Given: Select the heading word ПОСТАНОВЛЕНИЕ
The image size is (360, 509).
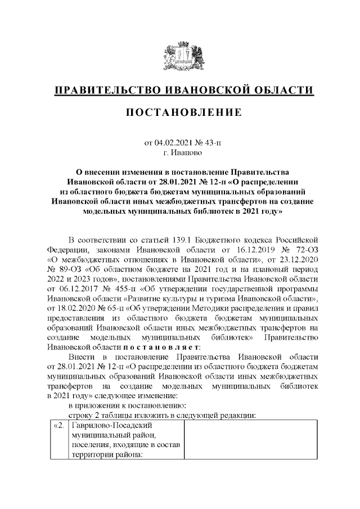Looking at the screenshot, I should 180,113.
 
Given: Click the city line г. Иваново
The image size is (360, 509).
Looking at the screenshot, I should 180,152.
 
